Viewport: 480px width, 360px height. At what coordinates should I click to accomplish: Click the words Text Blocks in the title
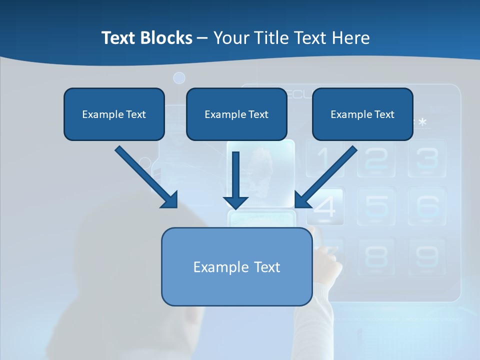(146, 38)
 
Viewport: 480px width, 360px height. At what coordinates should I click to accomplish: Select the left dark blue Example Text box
(114, 114)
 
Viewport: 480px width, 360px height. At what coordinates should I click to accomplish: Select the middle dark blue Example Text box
(236, 114)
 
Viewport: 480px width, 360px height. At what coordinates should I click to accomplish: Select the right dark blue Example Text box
(362, 114)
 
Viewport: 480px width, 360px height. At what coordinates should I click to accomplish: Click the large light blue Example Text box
(237, 267)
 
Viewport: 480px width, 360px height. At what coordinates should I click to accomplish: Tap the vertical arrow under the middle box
(236, 180)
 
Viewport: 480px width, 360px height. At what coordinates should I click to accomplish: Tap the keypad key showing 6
(427, 205)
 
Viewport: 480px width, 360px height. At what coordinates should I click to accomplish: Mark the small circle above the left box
(179, 78)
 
